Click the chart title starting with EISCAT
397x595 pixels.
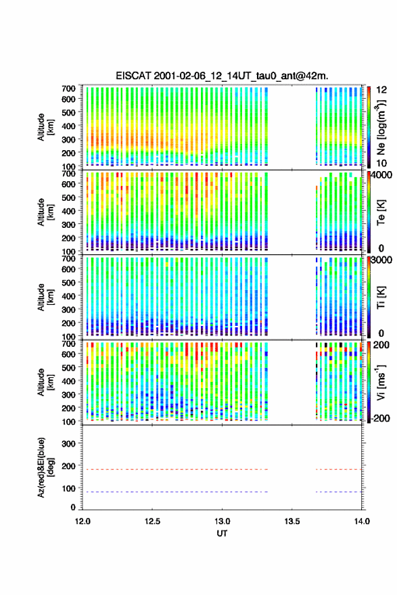222,76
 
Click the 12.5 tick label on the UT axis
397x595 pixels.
152,521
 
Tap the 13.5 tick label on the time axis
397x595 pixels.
292,521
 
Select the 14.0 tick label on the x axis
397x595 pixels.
362,521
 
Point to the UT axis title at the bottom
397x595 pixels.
222,533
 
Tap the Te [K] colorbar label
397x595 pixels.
381,212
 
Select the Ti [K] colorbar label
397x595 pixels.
381,297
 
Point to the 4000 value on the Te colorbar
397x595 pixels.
381,176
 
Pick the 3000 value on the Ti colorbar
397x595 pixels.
381,260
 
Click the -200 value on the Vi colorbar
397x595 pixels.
381,418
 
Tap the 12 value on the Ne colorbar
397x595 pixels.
381,90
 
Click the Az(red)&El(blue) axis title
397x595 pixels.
45,467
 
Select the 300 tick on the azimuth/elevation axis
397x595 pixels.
68,444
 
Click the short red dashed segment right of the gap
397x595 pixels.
339,469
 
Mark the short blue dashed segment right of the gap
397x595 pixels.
339,492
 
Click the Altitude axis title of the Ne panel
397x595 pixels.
45,127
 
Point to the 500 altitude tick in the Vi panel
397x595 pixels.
68,367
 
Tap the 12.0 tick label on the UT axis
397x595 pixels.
83,521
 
